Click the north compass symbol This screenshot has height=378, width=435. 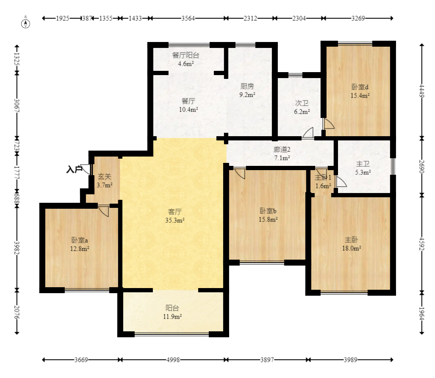tap(26, 23)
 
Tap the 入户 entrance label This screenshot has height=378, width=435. tap(74, 169)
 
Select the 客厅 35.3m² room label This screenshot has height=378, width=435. tap(175, 216)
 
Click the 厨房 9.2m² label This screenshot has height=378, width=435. tap(247, 90)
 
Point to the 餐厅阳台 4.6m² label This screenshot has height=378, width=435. tap(186, 59)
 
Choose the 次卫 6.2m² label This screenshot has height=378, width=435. tap(302, 107)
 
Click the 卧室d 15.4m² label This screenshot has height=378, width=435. tap(360, 91)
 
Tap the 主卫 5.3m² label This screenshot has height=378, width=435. tap(363, 168)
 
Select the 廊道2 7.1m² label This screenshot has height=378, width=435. tap(282, 154)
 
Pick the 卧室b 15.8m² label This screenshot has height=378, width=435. tap(268, 215)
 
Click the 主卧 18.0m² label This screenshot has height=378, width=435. tap(352, 244)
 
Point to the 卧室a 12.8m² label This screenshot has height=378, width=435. tap(80, 244)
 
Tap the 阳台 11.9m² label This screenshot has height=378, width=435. tap(172, 312)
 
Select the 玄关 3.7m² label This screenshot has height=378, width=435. tap(105, 180)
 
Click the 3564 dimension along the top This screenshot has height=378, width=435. tap(188, 18)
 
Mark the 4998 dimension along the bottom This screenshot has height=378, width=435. tap(173, 360)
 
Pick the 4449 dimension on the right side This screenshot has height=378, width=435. tap(422, 91)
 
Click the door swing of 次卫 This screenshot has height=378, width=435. tap(308, 133)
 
